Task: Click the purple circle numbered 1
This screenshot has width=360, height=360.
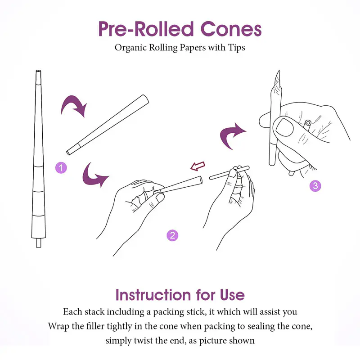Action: coord(61,168)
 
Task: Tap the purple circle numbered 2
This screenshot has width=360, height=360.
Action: coord(172,235)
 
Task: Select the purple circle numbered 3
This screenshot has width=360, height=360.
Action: coord(315,186)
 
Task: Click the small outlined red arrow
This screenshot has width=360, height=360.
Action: coord(198,166)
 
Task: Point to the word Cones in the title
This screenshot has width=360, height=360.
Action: coord(231,29)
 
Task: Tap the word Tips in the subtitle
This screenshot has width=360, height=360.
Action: coord(237,48)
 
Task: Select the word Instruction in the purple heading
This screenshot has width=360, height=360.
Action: coord(153,295)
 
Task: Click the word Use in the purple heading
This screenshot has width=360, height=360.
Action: coord(232,295)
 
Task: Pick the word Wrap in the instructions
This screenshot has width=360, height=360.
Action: coord(58,326)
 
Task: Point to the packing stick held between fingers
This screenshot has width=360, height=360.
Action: coord(229,173)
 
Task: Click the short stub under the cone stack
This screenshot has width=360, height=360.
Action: coord(39,243)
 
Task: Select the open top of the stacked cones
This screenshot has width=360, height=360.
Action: coord(39,71)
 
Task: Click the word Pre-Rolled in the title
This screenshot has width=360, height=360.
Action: coord(146,29)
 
